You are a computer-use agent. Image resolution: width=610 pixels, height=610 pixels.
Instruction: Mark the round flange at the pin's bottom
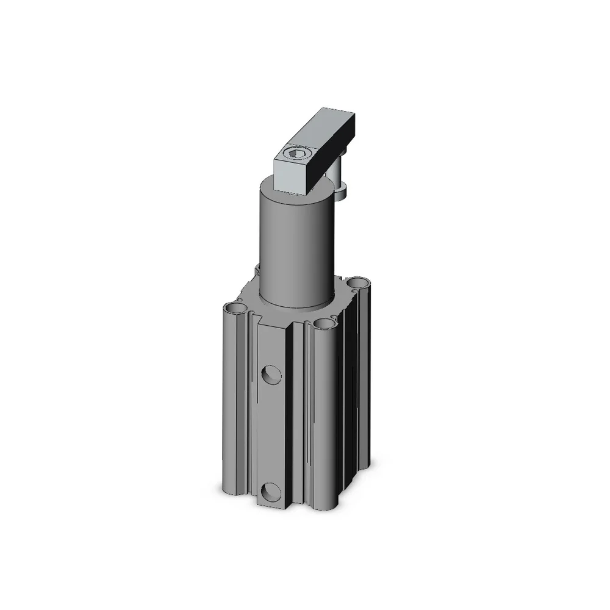click(x=342, y=194)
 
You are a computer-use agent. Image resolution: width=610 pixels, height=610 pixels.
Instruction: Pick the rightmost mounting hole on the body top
click(x=358, y=282)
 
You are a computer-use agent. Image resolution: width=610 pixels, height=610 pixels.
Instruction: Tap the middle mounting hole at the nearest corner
click(x=325, y=324)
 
